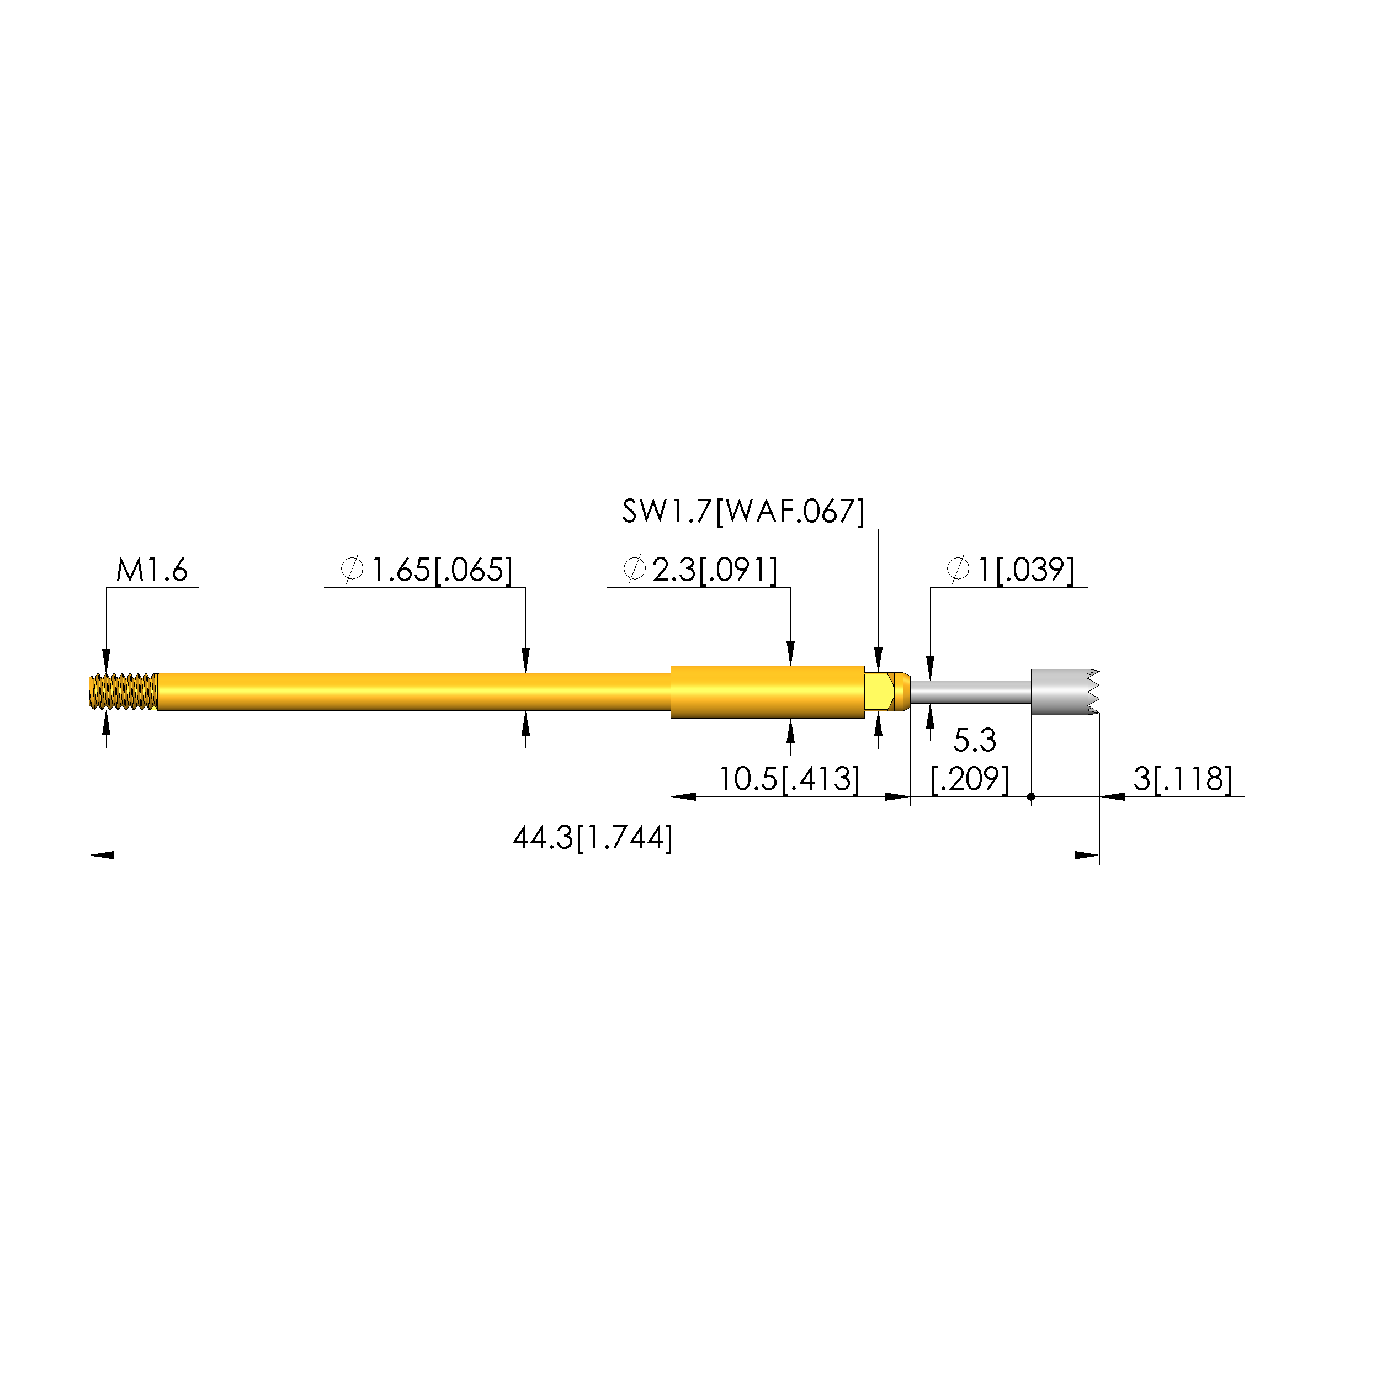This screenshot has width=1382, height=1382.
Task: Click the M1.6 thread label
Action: tap(152, 571)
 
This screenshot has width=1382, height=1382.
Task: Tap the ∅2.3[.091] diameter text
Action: tap(700, 570)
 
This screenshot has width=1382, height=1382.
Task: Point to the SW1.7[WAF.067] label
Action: tap(743, 512)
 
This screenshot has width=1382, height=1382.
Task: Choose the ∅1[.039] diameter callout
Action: tap(1010, 570)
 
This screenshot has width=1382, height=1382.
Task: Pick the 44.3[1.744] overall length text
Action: tap(593, 838)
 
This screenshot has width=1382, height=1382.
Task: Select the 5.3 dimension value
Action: tap(974, 740)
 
